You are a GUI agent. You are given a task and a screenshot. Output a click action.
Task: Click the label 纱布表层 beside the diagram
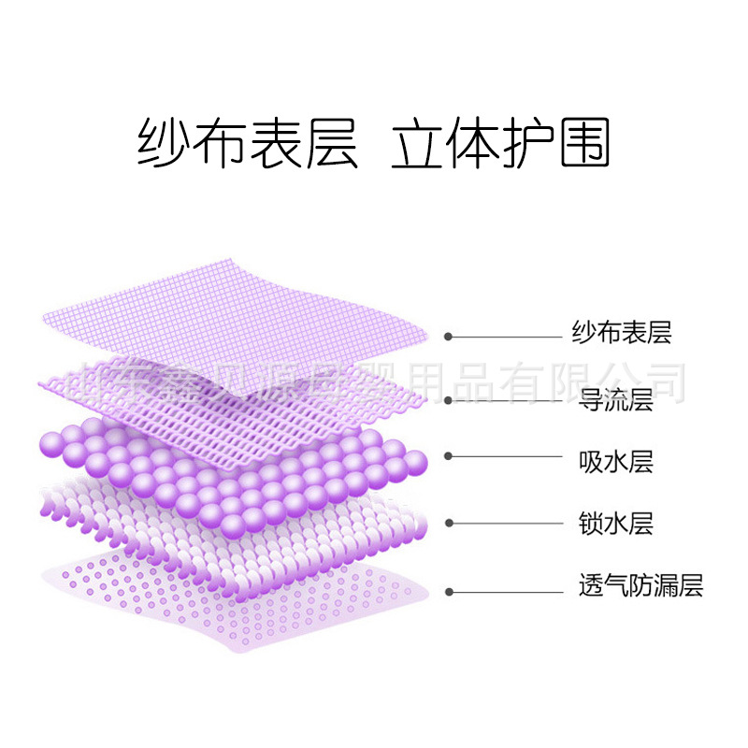click(622, 332)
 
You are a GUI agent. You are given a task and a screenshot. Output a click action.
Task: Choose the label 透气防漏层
click(640, 586)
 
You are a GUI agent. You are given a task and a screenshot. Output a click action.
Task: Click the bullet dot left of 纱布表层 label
click(449, 336)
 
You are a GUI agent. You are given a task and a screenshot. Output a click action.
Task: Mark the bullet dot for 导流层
click(449, 400)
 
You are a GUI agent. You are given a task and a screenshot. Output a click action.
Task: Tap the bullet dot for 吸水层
click(449, 456)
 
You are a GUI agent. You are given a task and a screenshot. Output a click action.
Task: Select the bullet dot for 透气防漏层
click(449, 591)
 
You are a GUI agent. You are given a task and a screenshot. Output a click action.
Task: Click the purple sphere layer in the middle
click(234, 467)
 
